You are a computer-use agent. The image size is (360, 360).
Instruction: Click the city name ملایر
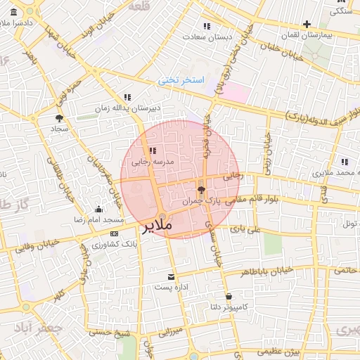click(x=157, y=227)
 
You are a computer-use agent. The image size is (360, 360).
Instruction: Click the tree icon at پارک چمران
click(x=201, y=189)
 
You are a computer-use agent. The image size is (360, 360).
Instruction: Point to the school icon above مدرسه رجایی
click(x=153, y=150)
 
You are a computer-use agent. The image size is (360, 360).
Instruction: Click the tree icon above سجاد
click(x=58, y=118)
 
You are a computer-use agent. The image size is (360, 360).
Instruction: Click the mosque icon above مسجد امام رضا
click(x=98, y=209)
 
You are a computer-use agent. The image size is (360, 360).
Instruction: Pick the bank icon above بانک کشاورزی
click(x=114, y=233)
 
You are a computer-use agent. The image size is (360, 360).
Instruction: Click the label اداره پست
click(x=172, y=288)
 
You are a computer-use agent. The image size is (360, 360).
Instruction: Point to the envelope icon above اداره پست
click(x=172, y=277)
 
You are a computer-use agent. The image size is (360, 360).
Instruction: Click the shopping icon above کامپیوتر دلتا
click(x=229, y=296)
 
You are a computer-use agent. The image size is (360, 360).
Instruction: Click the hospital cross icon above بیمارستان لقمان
click(x=307, y=24)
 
